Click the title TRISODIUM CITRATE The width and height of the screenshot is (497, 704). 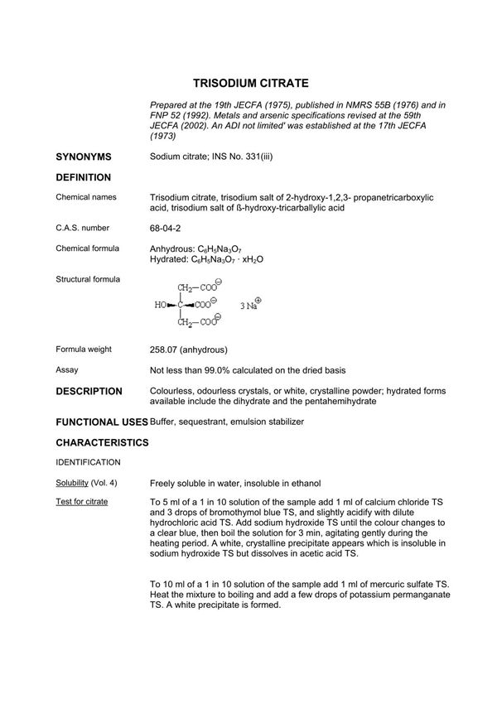click(x=251, y=84)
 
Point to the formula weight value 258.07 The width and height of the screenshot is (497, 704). click(x=166, y=350)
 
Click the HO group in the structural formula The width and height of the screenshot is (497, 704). click(x=162, y=305)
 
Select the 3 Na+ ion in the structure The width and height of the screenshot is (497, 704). click(x=250, y=304)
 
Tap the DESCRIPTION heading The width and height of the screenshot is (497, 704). click(x=89, y=391)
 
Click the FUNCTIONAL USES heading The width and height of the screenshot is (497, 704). click(x=101, y=422)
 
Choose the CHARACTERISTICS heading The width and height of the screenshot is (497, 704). click(x=102, y=443)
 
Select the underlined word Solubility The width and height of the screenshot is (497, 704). click(x=72, y=482)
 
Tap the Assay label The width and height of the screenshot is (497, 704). click(x=67, y=370)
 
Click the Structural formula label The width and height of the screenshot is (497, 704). click(x=88, y=279)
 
